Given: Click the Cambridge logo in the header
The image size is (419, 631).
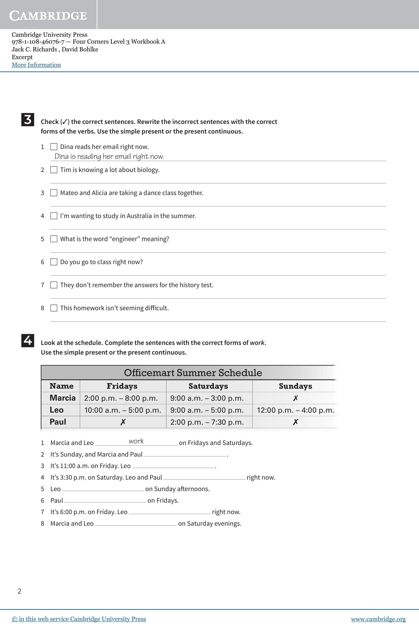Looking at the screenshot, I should coord(48,16).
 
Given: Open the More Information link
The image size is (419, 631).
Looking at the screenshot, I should coord(36,65).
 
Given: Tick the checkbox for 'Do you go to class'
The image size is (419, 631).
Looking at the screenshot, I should coord(54,262).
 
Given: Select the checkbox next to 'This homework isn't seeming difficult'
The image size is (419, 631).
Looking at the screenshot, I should coord(54,308).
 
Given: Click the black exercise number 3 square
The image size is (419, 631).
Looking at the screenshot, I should coord(28,120).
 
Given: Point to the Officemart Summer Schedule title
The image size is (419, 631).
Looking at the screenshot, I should coord(193,373).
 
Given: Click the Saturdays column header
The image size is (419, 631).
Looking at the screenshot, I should coord(208,386).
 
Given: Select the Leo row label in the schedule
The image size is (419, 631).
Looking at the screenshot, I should coord(57,410).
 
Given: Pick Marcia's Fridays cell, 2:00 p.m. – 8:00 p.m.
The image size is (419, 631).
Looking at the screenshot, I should coord(121,398).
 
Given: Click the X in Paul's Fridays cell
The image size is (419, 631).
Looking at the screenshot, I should coord(123,422).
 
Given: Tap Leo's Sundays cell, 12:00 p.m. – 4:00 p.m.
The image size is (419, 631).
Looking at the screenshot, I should coord(296,410).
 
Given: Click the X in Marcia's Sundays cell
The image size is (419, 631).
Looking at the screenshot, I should coord(295,398).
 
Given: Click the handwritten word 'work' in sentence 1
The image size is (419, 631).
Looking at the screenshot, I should coord(136,441).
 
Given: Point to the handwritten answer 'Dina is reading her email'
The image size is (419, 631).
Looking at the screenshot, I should coord(109,156).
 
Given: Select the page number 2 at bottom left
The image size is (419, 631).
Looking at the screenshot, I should coord(19,591).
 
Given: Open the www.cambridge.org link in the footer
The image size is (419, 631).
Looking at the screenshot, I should coord(378,619).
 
